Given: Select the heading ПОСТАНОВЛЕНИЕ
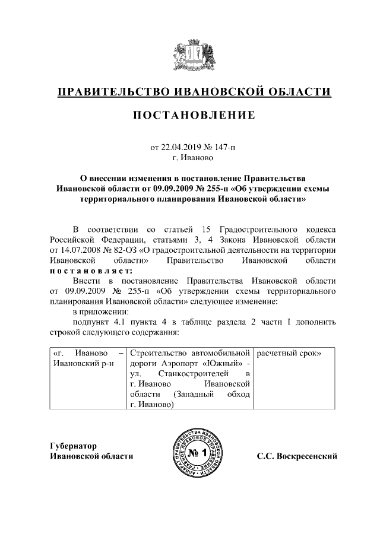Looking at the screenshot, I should tap(190, 115).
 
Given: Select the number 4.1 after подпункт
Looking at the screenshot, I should tap(118, 322).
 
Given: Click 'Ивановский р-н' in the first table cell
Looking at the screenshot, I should tap(84, 364).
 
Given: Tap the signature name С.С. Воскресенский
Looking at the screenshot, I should tap(297, 456).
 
